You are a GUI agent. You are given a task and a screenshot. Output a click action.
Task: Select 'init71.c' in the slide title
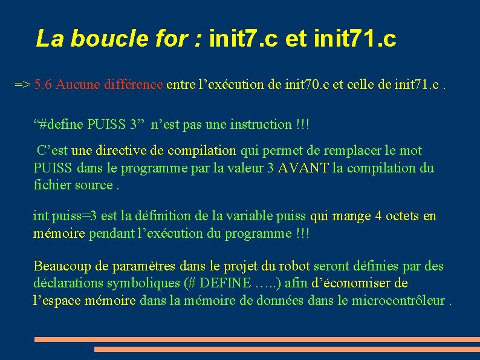tap(355, 38)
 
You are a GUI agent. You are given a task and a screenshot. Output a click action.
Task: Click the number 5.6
tap(43, 85)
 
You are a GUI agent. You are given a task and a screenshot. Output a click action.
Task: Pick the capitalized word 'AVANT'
tap(303, 168)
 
